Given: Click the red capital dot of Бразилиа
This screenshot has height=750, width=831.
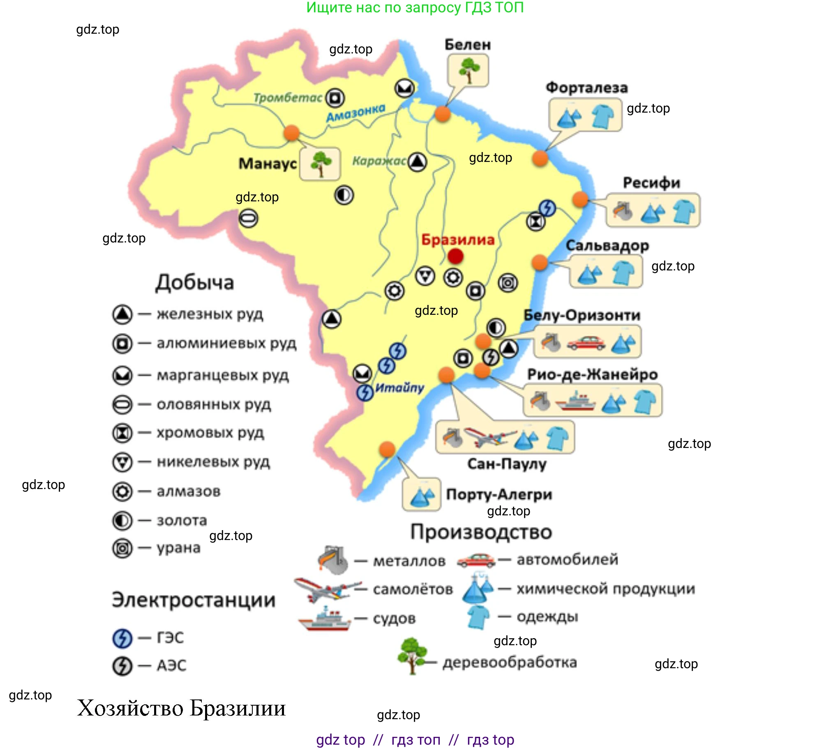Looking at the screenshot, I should tap(455, 256).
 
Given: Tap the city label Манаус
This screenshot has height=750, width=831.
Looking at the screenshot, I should tap(268, 164).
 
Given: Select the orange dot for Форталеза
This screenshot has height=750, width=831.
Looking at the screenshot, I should tap(540, 158).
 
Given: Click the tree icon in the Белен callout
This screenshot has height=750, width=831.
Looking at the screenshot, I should tap(468, 70).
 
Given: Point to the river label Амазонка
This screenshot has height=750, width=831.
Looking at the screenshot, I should tap(355, 113).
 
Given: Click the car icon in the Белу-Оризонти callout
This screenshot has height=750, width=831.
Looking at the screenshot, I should tap(586, 342).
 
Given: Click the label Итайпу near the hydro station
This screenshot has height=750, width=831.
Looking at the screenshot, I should tap(399, 388).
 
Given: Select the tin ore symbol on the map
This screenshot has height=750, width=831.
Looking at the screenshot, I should tap(248, 218).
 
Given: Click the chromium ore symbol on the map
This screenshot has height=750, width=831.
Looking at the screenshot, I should tap(536, 222).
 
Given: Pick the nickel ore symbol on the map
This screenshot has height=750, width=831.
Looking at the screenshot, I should tap(425, 276).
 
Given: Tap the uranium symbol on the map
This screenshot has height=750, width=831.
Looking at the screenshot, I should tap(508, 283).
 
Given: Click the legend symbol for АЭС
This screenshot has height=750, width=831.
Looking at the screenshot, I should tap(122, 665).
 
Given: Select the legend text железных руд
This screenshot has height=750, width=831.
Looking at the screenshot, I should tap(210, 314).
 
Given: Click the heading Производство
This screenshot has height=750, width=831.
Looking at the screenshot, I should tap(481, 532).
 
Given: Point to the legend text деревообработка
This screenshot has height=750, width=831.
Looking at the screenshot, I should tap(510, 662).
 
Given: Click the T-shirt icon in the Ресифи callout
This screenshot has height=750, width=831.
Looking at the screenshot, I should tap(684, 211).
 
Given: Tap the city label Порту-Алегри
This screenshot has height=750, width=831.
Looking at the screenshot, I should tap(499, 494).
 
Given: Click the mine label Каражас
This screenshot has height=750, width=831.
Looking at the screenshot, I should tap(379, 161).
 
